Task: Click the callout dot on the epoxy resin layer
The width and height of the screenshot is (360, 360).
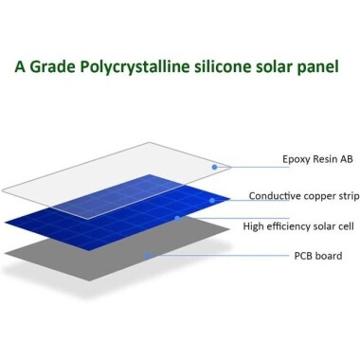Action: point(215,167)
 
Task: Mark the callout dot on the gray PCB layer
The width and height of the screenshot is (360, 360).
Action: point(146,254)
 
